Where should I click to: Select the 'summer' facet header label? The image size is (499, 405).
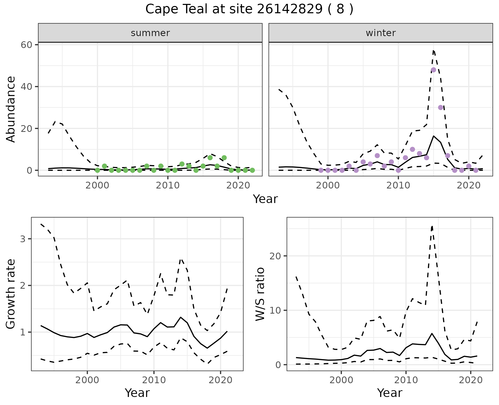click(x=150, y=33)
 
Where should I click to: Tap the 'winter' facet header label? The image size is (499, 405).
click(x=380, y=33)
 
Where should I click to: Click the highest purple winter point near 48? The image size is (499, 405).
click(x=433, y=70)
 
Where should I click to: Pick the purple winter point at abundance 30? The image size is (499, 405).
click(x=441, y=107)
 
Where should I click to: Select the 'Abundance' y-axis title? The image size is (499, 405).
click(x=11, y=109)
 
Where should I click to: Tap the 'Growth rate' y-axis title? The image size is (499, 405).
click(x=11, y=294)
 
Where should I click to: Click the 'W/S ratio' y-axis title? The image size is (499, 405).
click(x=260, y=294)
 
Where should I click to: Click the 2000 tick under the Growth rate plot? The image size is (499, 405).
click(x=87, y=380)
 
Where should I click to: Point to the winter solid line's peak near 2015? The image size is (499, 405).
click(x=434, y=136)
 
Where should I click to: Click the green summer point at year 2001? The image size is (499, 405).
click(x=104, y=166)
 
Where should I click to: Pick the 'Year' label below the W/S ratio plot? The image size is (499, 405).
click(x=390, y=393)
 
